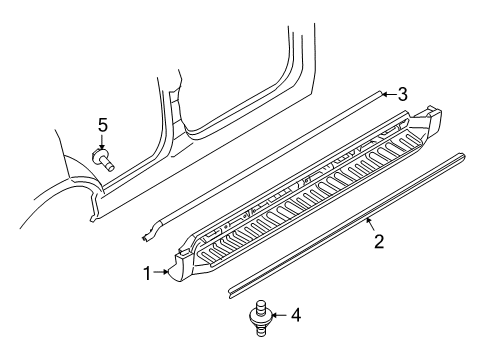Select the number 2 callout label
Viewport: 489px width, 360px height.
pyautogui.click(x=379, y=242)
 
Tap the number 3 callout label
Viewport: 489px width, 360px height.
pyautogui.click(x=401, y=95)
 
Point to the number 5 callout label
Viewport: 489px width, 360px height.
pyautogui.click(x=101, y=125)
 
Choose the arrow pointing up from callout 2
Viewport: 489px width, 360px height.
pyautogui.click(x=372, y=224)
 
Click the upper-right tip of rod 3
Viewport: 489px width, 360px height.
pyautogui.click(x=379, y=94)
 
